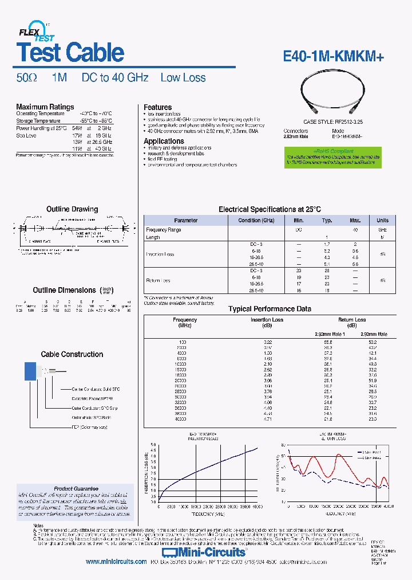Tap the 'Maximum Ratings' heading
(45, 107)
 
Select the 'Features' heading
(157, 107)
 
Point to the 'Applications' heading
(164, 141)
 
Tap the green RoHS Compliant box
(332, 157)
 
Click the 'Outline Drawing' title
(72, 209)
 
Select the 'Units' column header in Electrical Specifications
(382, 220)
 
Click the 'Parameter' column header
(185, 220)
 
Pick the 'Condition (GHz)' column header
(256, 220)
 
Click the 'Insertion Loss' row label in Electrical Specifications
(160, 254)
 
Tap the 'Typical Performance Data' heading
(270, 309)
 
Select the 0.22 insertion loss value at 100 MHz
(268, 342)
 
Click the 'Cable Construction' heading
(72, 354)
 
